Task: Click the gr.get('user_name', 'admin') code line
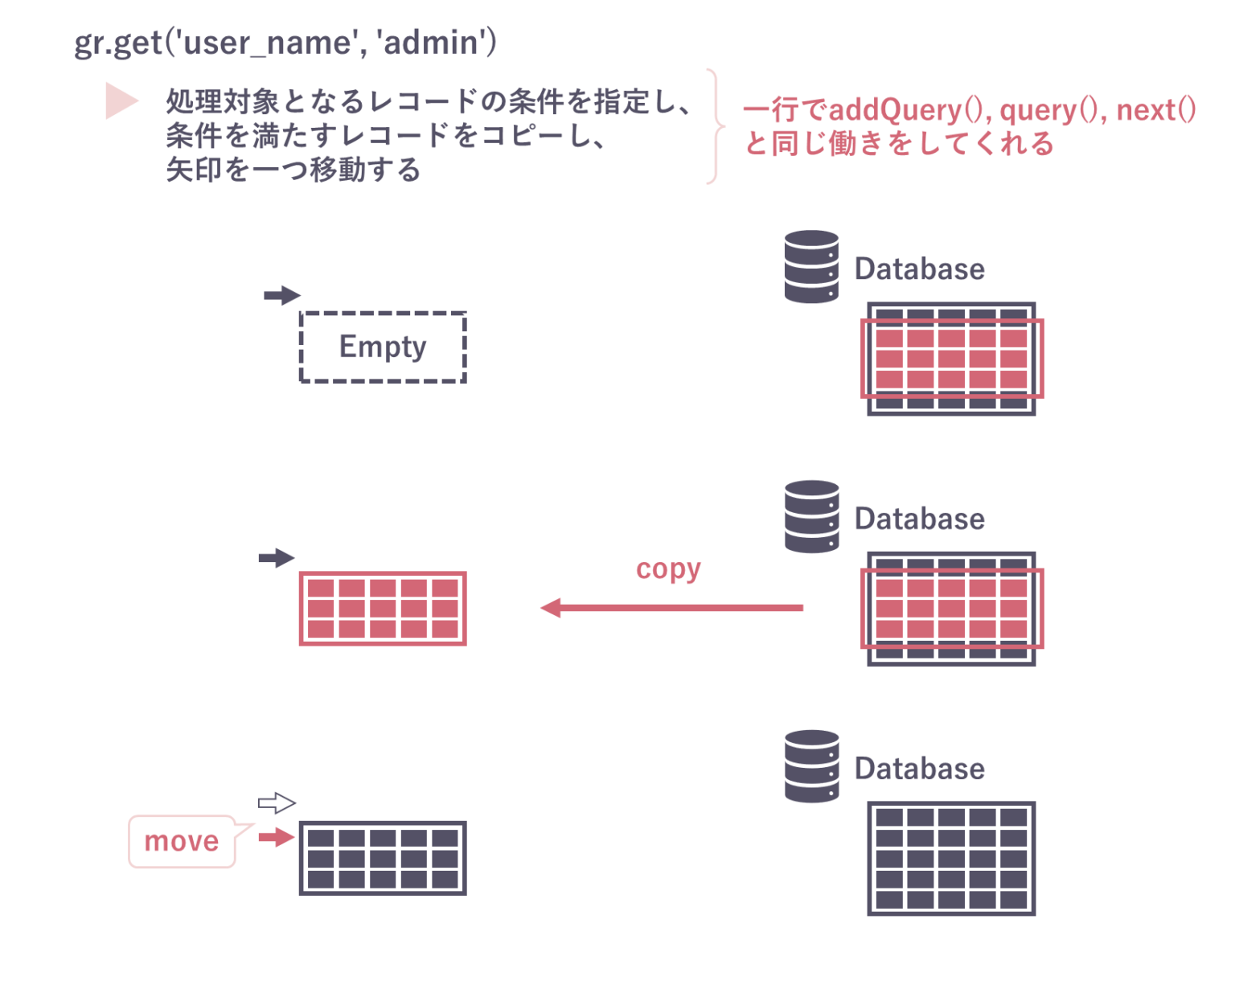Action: pos(285,43)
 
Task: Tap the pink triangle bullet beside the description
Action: pos(121,101)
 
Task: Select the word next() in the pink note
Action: pos(1155,109)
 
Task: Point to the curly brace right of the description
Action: pos(715,126)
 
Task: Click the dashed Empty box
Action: pos(383,347)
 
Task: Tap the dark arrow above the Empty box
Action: pos(281,295)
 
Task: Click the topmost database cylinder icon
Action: pos(811,266)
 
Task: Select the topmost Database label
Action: pos(919,269)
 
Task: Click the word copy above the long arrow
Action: pos(668,569)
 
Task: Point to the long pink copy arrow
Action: pos(671,608)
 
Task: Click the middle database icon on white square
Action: pos(810,516)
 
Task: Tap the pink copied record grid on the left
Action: pos(383,609)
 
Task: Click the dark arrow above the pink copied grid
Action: pos(277,557)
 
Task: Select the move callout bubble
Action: pos(182,842)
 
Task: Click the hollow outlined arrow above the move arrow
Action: pos(277,802)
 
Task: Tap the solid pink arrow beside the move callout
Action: pos(277,837)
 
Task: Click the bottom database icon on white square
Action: pos(810,766)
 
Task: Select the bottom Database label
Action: pos(921,770)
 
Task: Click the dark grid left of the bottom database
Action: pos(383,858)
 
